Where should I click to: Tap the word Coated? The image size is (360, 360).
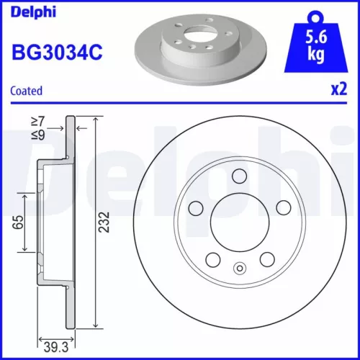click(27, 91)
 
